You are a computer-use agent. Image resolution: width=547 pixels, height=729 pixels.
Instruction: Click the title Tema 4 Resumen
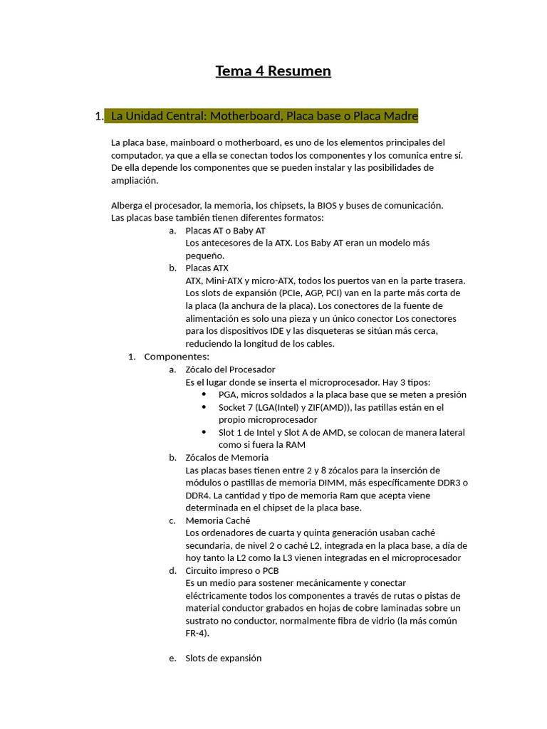point(273,71)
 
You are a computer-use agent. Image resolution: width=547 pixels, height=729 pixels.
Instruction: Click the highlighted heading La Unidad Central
point(264,116)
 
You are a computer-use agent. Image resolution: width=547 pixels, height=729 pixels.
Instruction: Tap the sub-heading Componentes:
point(177,357)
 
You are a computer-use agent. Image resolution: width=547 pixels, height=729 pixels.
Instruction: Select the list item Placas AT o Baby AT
point(225,231)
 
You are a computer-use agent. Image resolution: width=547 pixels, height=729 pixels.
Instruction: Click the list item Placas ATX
point(207,268)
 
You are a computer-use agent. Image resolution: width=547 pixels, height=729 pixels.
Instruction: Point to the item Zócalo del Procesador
point(230,369)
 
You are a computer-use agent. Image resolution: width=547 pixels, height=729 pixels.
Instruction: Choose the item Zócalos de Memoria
point(226,458)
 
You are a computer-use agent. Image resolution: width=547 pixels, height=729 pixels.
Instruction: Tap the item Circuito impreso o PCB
point(232,571)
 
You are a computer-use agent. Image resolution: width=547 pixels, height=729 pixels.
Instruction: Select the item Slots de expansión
point(223,659)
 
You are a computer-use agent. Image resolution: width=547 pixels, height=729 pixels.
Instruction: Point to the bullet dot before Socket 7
point(204,407)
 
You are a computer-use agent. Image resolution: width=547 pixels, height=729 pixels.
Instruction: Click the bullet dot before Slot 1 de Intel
point(204,432)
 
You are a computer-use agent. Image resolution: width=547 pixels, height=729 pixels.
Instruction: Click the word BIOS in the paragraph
point(328,205)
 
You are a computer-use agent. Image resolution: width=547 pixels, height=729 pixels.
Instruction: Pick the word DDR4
point(199,495)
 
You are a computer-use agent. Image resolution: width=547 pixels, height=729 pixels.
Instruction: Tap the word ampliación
point(134,180)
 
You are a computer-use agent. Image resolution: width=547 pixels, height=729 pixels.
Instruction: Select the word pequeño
point(204,256)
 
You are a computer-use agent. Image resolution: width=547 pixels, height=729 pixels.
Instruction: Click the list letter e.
point(172,659)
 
